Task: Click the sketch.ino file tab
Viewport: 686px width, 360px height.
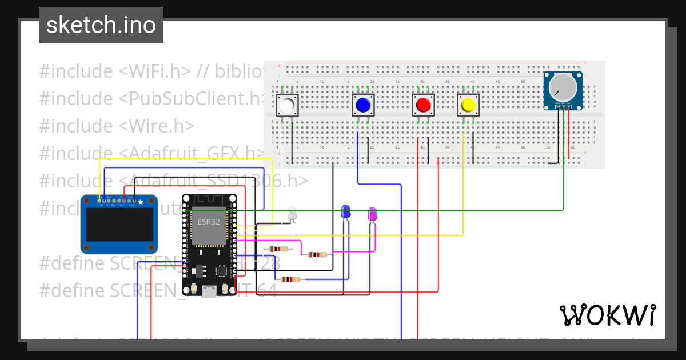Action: pos(101,25)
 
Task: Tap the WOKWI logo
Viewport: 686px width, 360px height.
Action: pos(607,315)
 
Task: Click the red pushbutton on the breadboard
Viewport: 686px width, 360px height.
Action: pos(423,105)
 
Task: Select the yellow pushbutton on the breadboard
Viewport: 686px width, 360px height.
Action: pos(468,105)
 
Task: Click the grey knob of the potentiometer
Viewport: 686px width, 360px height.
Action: pos(563,87)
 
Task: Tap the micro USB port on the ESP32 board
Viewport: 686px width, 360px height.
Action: pos(209,291)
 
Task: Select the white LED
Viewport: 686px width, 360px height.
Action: pos(292,213)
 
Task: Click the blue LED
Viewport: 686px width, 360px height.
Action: pos(345,211)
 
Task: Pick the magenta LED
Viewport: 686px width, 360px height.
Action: pos(372,214)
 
